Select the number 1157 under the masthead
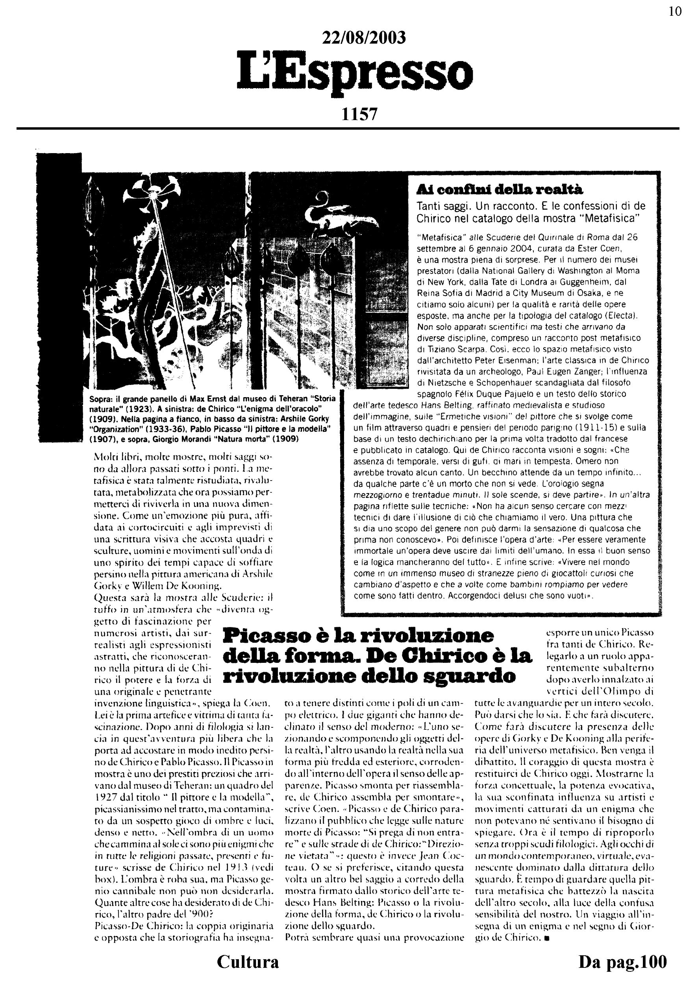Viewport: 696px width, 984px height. point(359,115)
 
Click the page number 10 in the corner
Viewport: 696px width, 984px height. point(675,11)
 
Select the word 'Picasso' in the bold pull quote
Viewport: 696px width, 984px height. point(266,636)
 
